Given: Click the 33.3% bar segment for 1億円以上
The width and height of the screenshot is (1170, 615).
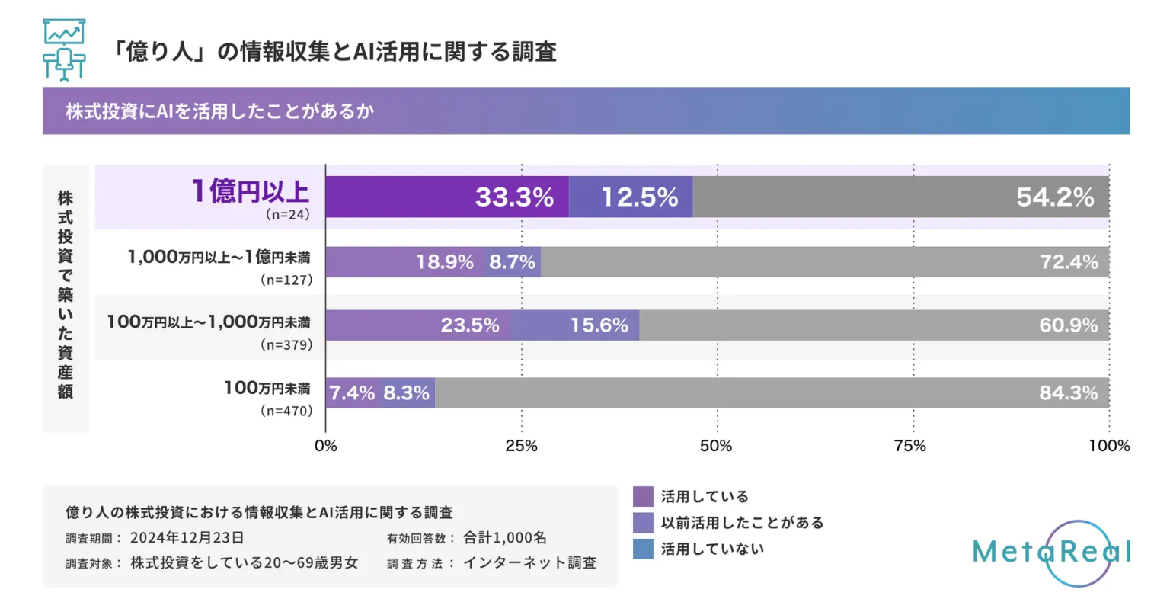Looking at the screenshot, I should pos(447,197).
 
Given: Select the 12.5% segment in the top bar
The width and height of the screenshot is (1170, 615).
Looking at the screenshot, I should pos(631,197).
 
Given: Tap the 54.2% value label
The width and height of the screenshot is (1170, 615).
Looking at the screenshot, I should pos(1055,197).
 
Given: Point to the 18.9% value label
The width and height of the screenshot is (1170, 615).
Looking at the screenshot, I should pos(445,262).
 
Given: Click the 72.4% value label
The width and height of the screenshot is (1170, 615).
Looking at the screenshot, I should pos(1069,262).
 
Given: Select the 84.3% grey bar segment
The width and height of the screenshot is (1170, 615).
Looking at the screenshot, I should pos(772,392).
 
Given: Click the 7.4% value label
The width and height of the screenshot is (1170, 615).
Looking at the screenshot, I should pos(352,392).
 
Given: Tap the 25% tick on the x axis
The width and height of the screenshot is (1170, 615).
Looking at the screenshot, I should pos(522,446).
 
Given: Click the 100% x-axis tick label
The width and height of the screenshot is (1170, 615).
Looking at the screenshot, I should pos(1109,446).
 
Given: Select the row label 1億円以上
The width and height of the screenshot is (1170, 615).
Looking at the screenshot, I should pos(250,191).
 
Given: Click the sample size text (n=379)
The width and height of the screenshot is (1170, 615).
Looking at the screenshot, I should pos(286,345).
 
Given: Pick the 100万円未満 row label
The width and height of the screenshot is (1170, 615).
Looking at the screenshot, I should pos(267,388).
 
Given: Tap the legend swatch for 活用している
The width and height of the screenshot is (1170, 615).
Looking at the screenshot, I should pos(643,497).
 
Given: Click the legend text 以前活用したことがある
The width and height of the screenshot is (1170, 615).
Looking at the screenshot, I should pos(742,523).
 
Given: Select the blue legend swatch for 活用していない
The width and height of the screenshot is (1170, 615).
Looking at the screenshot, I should pos(643,549).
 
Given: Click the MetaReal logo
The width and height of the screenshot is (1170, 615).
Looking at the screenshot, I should pos(1051,552).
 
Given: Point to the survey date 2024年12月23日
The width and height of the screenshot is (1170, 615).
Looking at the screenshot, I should pos(187,538).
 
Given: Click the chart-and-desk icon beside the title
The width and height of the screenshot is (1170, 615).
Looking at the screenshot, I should pos(64,50).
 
